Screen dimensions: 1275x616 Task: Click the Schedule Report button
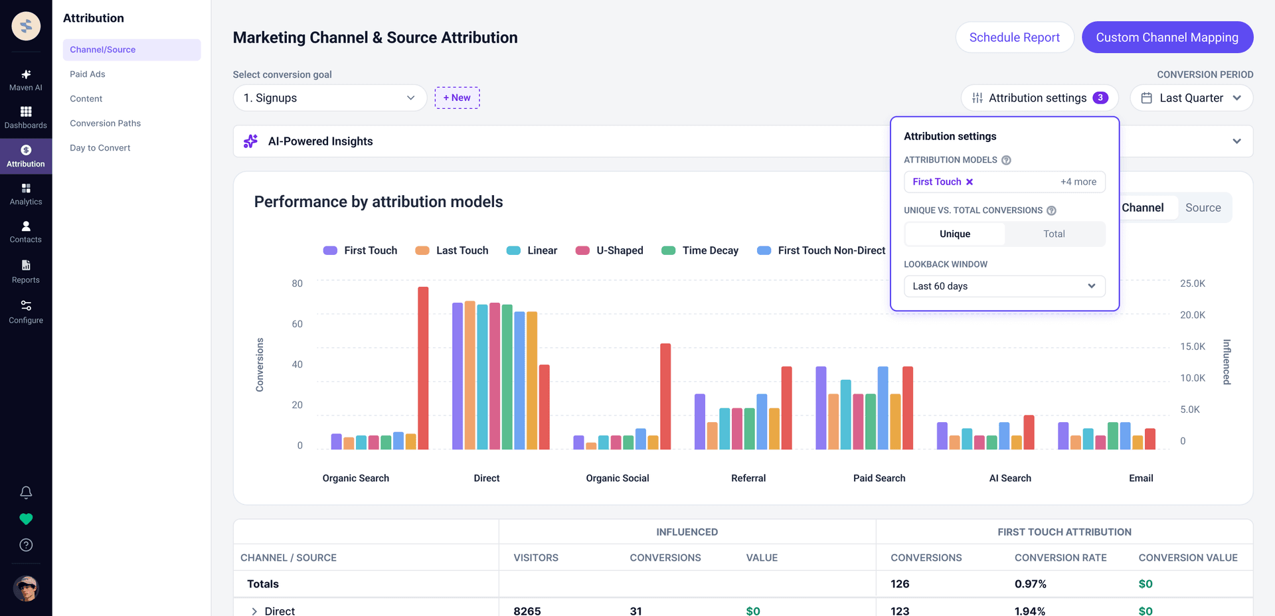point(1014,37)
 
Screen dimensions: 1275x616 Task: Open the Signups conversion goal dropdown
point(329,98)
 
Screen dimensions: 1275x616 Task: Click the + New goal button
point(457,98)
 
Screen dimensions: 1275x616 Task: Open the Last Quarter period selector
point(1191,98)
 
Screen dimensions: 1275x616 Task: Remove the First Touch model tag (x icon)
point(970,182)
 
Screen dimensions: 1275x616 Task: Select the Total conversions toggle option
point(1054,234)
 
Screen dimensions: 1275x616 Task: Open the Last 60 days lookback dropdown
point(1004,286)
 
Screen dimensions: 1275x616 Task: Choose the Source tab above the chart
point(1203,208)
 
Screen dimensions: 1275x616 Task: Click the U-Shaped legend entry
point(610,250)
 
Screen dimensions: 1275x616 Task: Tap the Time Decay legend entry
point(701,250)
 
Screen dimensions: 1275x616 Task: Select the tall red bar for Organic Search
point(423,368)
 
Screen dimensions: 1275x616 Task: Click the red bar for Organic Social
point(665,396)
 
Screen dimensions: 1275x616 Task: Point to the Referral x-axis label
point(748,478)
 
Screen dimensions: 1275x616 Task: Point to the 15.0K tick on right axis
point(1193,346)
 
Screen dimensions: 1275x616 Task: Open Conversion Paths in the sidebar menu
point(106,123)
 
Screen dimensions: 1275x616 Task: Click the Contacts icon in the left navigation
point(26,226)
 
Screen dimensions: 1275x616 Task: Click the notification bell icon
point(26,493)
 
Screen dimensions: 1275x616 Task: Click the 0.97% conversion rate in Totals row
point(1031,584)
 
